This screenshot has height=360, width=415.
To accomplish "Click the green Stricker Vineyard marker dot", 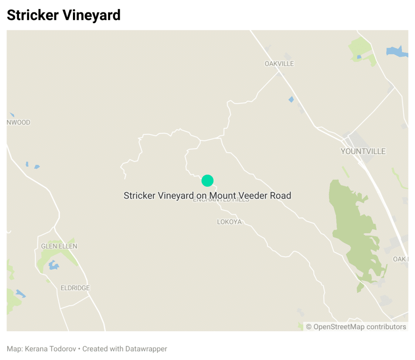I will click(207, 180).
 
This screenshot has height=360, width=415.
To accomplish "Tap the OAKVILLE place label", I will click(279, 64).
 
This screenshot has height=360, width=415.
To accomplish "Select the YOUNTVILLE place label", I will click(363, 151).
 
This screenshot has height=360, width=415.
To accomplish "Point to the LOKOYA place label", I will click(229, 222).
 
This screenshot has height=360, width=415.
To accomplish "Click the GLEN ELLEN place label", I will click(59, 246).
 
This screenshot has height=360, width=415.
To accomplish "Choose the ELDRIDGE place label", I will click(75, 288).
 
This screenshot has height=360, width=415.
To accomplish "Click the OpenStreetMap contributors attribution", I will click(356, 326).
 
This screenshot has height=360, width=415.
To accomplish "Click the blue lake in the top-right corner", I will click(396, 51).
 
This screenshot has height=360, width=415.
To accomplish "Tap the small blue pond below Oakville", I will click(291, 99).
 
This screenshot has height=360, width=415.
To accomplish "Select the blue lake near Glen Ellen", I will click(53, 265).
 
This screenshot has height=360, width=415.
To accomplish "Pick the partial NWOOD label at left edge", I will click(19, 122).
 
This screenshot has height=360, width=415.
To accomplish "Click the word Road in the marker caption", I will click(281, 196).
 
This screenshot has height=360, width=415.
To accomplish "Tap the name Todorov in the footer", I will click(63, 349).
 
